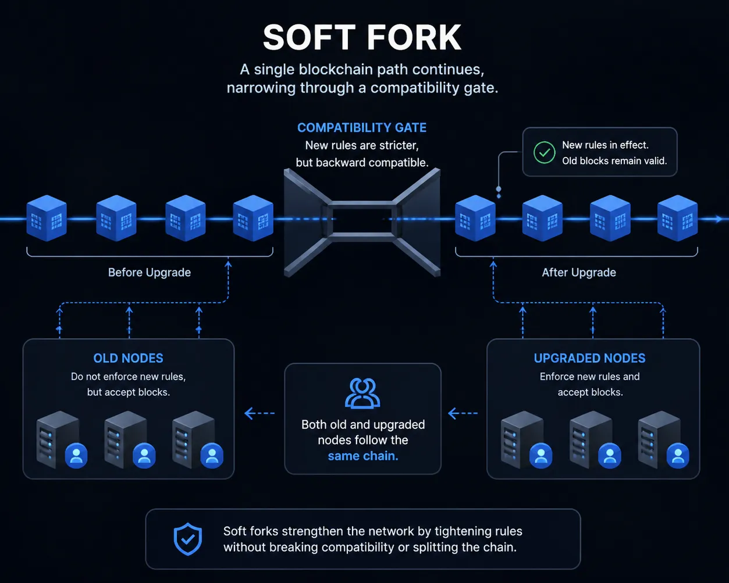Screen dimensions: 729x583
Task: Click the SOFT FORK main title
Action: [362, 37]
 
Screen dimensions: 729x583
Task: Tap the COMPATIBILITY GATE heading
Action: [362, 128]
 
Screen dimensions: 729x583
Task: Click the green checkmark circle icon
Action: [544, 152]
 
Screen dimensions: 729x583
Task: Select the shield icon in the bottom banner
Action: [188, 539]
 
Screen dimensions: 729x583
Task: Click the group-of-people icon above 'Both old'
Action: [362, 394]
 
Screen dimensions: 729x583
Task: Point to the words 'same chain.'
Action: [363, 456]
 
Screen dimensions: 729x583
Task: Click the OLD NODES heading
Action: [128, 358]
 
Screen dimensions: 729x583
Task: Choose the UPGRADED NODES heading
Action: [589, 358]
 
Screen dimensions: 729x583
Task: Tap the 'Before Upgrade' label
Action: [150, 273]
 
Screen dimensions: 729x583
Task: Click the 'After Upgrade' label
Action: [579, 273]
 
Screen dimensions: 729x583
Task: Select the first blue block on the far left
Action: [47, 218]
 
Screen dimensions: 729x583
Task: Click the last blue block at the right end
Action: [677, 218]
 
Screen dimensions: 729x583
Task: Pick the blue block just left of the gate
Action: [253, 218]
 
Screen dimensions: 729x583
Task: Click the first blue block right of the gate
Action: [475, 218]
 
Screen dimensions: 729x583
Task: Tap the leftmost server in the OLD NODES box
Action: [58, 439]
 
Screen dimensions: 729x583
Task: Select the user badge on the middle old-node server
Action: [144, 455]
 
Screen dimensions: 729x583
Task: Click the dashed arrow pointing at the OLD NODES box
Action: [259, 413]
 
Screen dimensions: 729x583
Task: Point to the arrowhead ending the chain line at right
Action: [719, 219]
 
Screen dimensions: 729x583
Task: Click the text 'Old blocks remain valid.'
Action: [614, 161]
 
